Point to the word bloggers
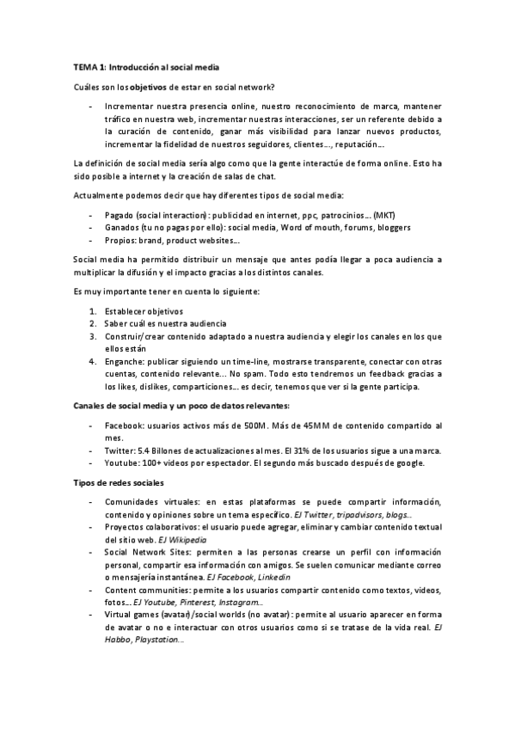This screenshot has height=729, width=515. click(391, 228)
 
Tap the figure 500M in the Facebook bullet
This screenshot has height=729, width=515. click(246, 426)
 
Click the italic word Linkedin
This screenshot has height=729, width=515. click(267, 578)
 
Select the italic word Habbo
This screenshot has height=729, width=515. click(117, 640)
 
